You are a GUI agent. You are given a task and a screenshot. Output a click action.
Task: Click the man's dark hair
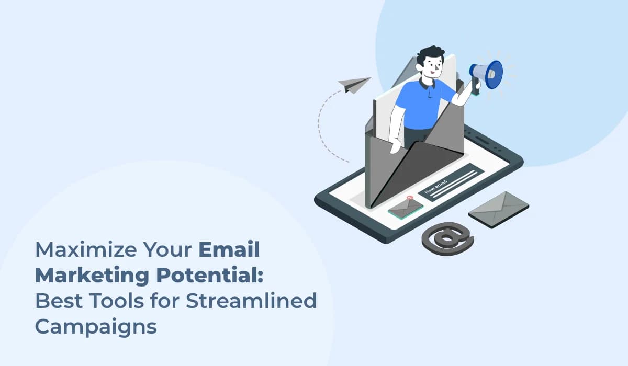coord(432,54)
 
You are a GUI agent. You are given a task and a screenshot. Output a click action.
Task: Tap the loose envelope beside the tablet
coord(498,209)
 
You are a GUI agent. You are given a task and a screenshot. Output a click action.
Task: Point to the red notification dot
coord(410,198)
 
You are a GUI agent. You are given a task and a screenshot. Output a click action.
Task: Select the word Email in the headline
coord(229,250)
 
